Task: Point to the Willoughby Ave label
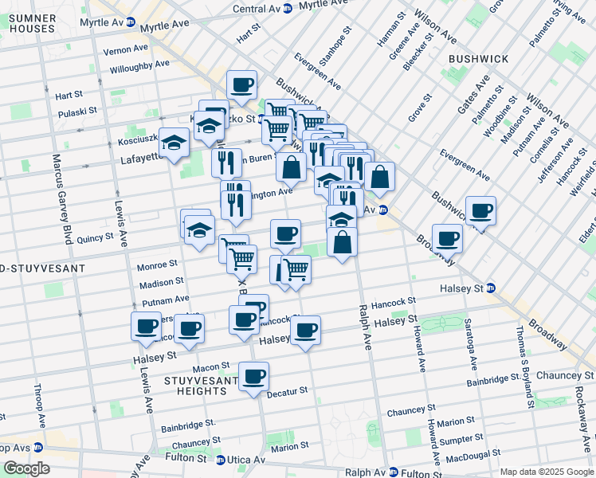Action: pos(140,66)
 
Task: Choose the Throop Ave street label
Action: pos(37,406)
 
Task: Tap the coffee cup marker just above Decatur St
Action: pos(254,376)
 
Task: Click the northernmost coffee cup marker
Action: pos(241,84)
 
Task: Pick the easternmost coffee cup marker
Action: pos(480,210)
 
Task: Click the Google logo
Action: pos(26,468)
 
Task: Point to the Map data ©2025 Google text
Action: pos(546,472)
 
